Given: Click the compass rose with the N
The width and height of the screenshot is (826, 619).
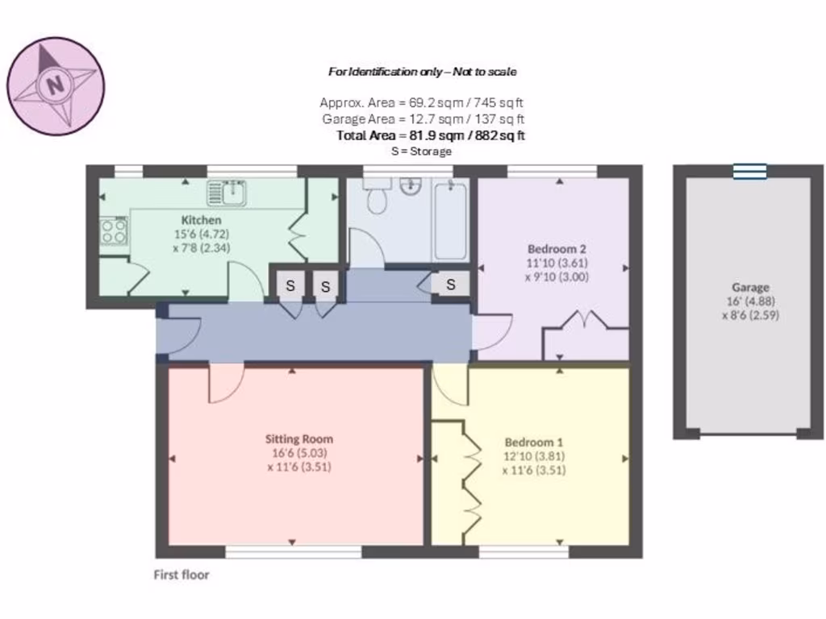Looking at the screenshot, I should point(56,85).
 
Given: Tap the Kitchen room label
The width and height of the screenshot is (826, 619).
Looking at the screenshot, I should point(201,220).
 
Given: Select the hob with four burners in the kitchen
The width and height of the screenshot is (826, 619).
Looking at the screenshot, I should point(115,232).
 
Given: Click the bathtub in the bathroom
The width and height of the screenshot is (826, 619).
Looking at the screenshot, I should point(450,219).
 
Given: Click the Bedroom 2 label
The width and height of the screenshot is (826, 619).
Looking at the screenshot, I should point(556,248).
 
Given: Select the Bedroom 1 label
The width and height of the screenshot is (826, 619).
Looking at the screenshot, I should point(533,442).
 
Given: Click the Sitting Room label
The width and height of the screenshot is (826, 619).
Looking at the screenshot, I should point(298,439).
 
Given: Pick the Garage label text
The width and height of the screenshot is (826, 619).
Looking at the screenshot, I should point(750,287).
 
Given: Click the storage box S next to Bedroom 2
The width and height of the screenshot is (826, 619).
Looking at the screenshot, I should point(451,284).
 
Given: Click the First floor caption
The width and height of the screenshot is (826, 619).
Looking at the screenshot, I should point(181,575).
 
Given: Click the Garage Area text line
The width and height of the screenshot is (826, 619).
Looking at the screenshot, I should point(422,119).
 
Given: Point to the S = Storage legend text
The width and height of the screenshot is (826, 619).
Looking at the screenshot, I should point(421,152).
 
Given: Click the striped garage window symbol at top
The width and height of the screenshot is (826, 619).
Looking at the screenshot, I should point(749,171).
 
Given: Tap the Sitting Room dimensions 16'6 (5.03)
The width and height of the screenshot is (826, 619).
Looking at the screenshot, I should point(298,453).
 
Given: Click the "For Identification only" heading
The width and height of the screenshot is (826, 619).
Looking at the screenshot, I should point(421,72).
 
